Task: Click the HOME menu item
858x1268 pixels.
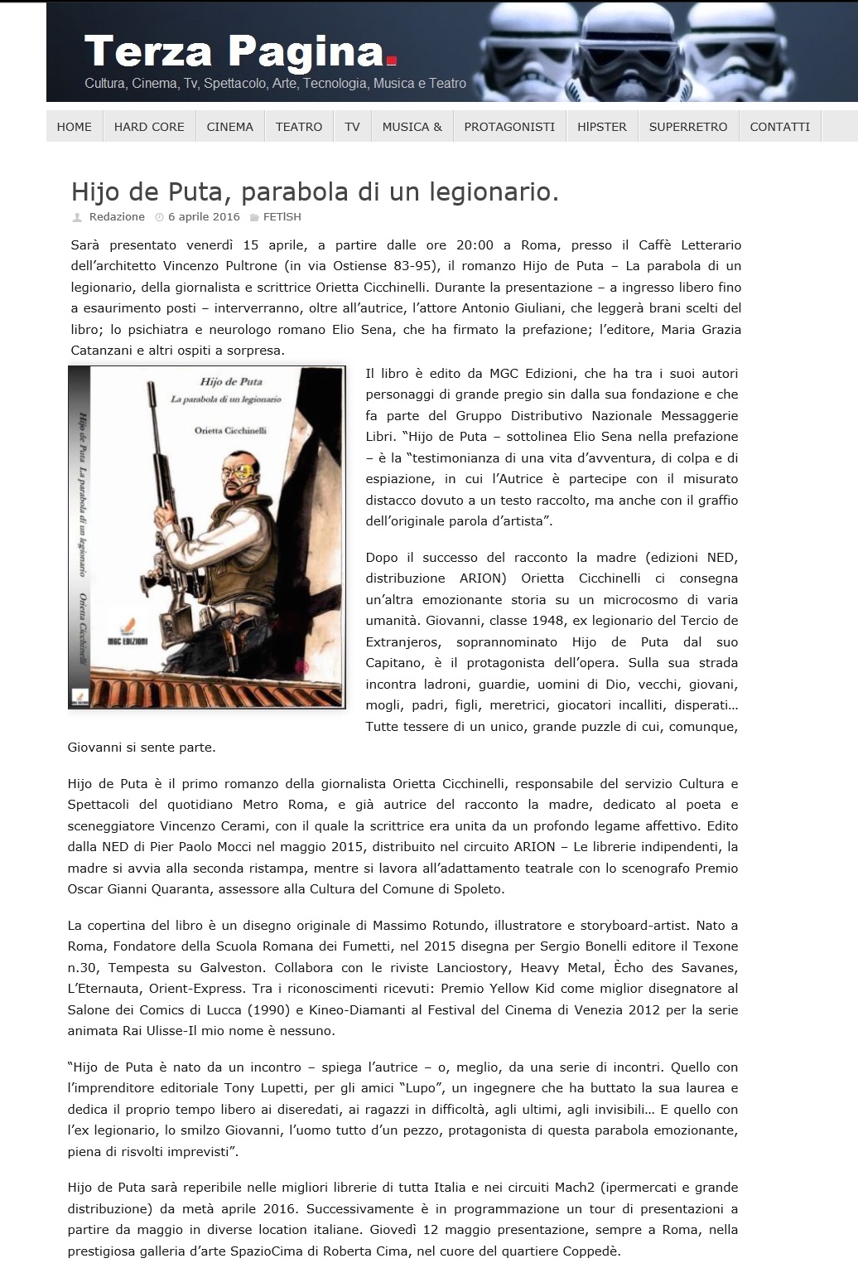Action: pyautogui.click(x=74, y=127)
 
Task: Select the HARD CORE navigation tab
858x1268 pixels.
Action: pyautogui.click(x=149, y=127)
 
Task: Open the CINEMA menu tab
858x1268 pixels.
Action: pyautogui.click(x=230, y=127)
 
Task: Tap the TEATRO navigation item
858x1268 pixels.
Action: pyautogui.click(x=299, y=127)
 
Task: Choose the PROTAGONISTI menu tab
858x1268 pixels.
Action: pyautogui.click(x=509, y=127)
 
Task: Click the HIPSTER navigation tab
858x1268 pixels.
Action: pyautogui.click(x=602, y=127)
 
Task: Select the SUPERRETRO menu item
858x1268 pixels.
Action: pyautogui.click(x=688, y=127)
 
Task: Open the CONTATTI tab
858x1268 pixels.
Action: pyautogui.click(x=779, y=127)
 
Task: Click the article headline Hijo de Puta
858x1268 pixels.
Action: pyautogui.click(x=315, y=191)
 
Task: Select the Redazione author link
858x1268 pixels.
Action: pyautogui.click(x=117, y=217)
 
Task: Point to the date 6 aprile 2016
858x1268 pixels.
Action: pyautogui.click(x=204, y=217)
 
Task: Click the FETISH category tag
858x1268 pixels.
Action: pyautogui.click(x=282, y=217)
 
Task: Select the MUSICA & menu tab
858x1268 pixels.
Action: pyautogui.click(x=412, y=127)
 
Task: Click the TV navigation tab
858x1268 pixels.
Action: pyautogui.click(x=352, y=127)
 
